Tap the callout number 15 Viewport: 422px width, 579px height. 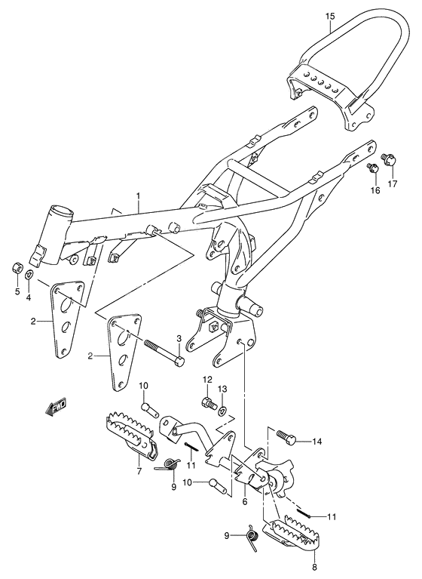tap(329, 16)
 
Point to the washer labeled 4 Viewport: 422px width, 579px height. tap(29, 274)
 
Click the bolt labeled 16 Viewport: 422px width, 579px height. tap(372, 168)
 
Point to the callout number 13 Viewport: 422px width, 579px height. tap(222, 390)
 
